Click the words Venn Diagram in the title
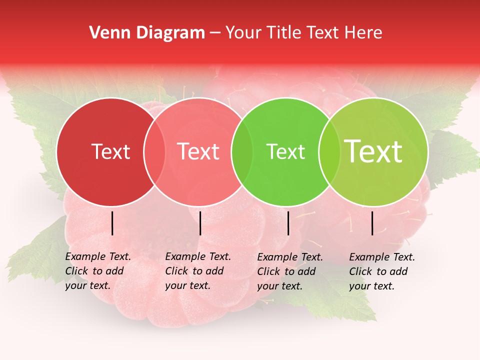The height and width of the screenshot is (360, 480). [147, 33]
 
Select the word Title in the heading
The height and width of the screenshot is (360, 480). [282, 33]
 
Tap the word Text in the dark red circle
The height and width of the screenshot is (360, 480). [111, 151]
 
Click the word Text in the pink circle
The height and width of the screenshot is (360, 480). [198, 151]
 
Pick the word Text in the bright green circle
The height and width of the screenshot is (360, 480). [285, 151]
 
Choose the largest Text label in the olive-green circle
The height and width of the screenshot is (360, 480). [373, 151]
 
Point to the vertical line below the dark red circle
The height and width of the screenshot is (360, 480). [112, 223]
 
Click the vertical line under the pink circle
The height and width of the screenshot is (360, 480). [200, 223]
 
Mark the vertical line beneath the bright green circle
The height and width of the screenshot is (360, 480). [288, 223]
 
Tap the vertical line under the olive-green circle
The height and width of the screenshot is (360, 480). [372, 223]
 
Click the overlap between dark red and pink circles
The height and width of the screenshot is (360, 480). [154, 152]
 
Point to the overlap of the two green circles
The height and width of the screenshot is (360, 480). [327, 152]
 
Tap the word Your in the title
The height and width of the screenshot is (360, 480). [243, 33]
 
